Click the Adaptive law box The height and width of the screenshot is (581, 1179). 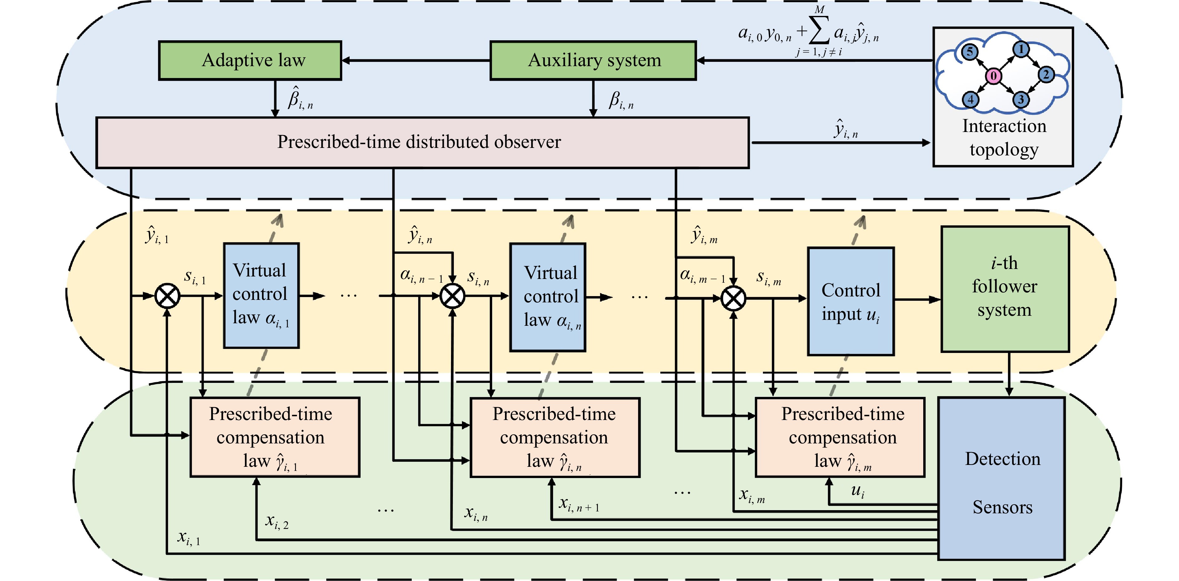click(250, 61)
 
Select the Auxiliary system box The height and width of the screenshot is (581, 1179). click(593, 61)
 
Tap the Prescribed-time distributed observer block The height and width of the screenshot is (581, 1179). click(422, 142)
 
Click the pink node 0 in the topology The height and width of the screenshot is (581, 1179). click(993, 76)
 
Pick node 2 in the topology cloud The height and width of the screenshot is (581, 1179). click(1046, 74)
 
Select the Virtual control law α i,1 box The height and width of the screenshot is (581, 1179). click(261, 295)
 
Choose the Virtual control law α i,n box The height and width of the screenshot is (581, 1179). click(547, 297)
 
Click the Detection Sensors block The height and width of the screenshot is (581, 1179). click(1002, 478)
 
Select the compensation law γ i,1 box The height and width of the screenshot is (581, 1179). click(274, 437)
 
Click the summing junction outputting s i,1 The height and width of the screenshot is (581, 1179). click(167, 296)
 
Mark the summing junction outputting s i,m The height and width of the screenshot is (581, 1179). click(733, 299)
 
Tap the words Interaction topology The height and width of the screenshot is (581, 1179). click(1004, 137)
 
